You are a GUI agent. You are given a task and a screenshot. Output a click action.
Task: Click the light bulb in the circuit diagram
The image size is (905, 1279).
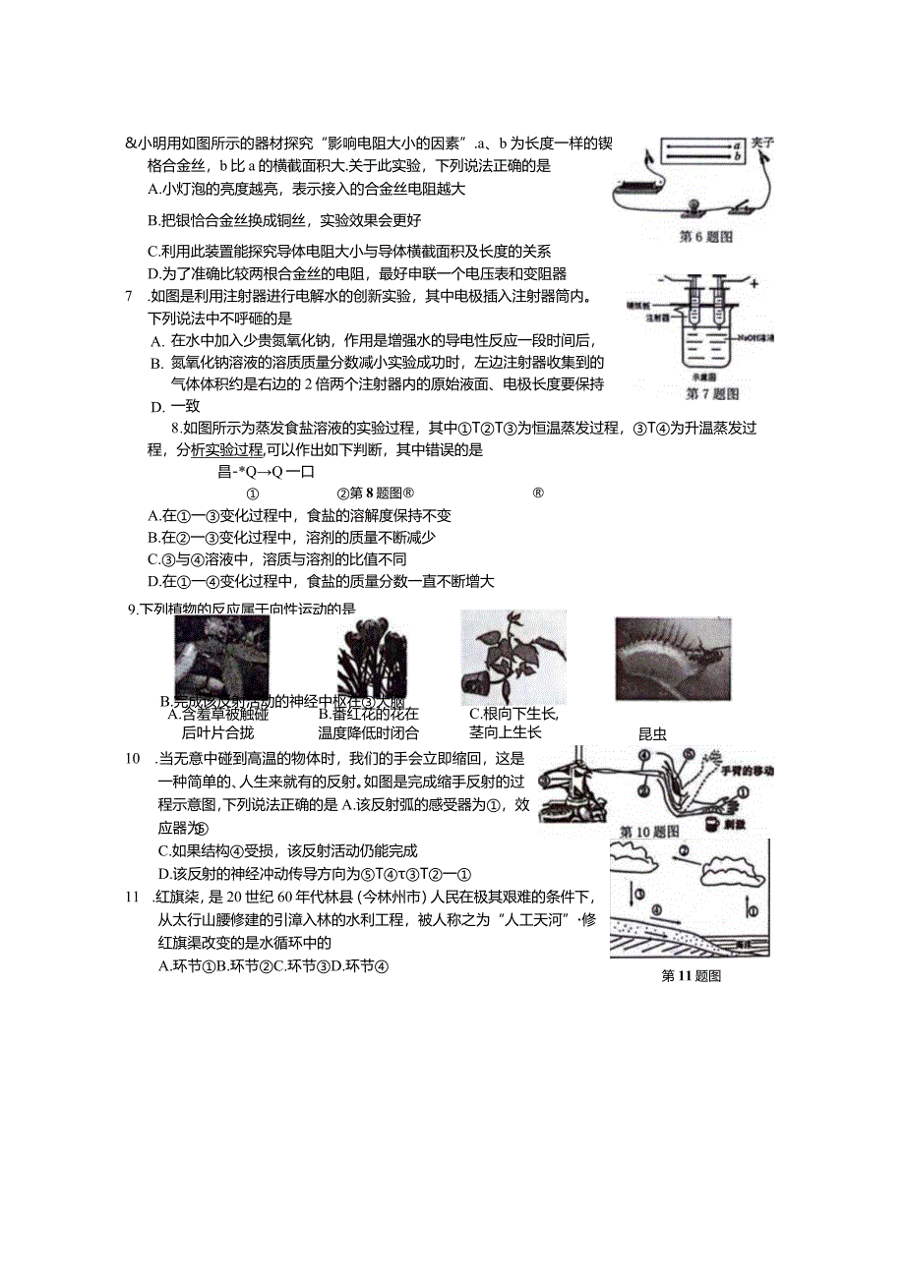(689, 205)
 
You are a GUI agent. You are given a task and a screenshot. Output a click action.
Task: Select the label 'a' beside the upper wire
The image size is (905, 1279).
(735, 145)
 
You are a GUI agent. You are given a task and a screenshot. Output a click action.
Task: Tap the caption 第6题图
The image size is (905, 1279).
(706, 237)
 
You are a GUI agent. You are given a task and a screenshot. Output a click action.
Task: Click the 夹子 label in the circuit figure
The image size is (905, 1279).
(762, 143)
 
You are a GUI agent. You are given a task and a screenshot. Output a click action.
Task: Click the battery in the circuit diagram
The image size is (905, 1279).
(639, 185)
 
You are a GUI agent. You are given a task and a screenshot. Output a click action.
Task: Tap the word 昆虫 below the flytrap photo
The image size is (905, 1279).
(652, 733)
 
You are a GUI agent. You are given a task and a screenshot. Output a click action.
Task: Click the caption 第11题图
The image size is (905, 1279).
(692, 976)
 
